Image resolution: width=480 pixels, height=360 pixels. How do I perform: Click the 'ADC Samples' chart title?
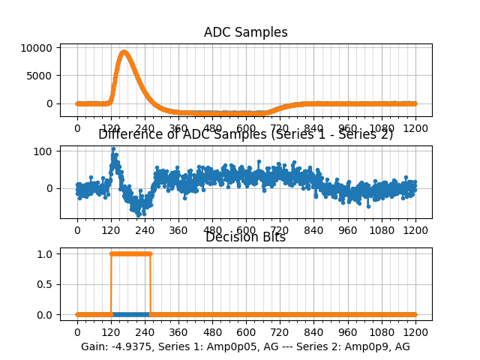click(245, 32)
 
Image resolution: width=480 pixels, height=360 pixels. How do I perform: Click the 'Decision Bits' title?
click(245, 237)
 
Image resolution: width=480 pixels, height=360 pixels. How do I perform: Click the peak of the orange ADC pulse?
click(124, 52)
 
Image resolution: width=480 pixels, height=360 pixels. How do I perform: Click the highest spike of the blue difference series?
click(113, 148)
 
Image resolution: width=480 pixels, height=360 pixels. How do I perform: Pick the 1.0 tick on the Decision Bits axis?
click(46, 253)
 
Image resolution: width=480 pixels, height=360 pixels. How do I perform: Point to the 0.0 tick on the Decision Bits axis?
click(46, 314)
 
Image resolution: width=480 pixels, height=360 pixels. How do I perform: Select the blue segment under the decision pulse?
click(130, 314)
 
